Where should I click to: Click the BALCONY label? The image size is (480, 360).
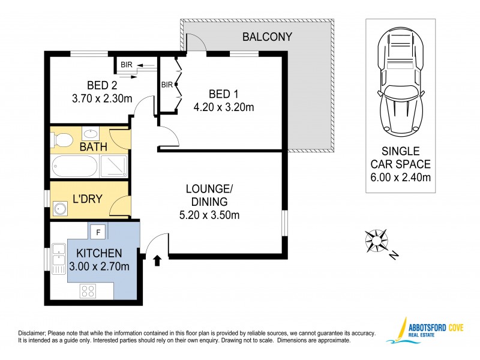[267, 37]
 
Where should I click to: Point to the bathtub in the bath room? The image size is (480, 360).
[74, 165]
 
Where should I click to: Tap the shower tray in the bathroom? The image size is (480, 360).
[112, 165]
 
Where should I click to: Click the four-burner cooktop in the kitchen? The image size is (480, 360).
[88, 291]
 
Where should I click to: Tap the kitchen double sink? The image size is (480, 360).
[59, 255]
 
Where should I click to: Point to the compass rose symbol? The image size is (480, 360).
[376, 240]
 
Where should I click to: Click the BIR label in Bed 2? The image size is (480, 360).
[127, 65]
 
